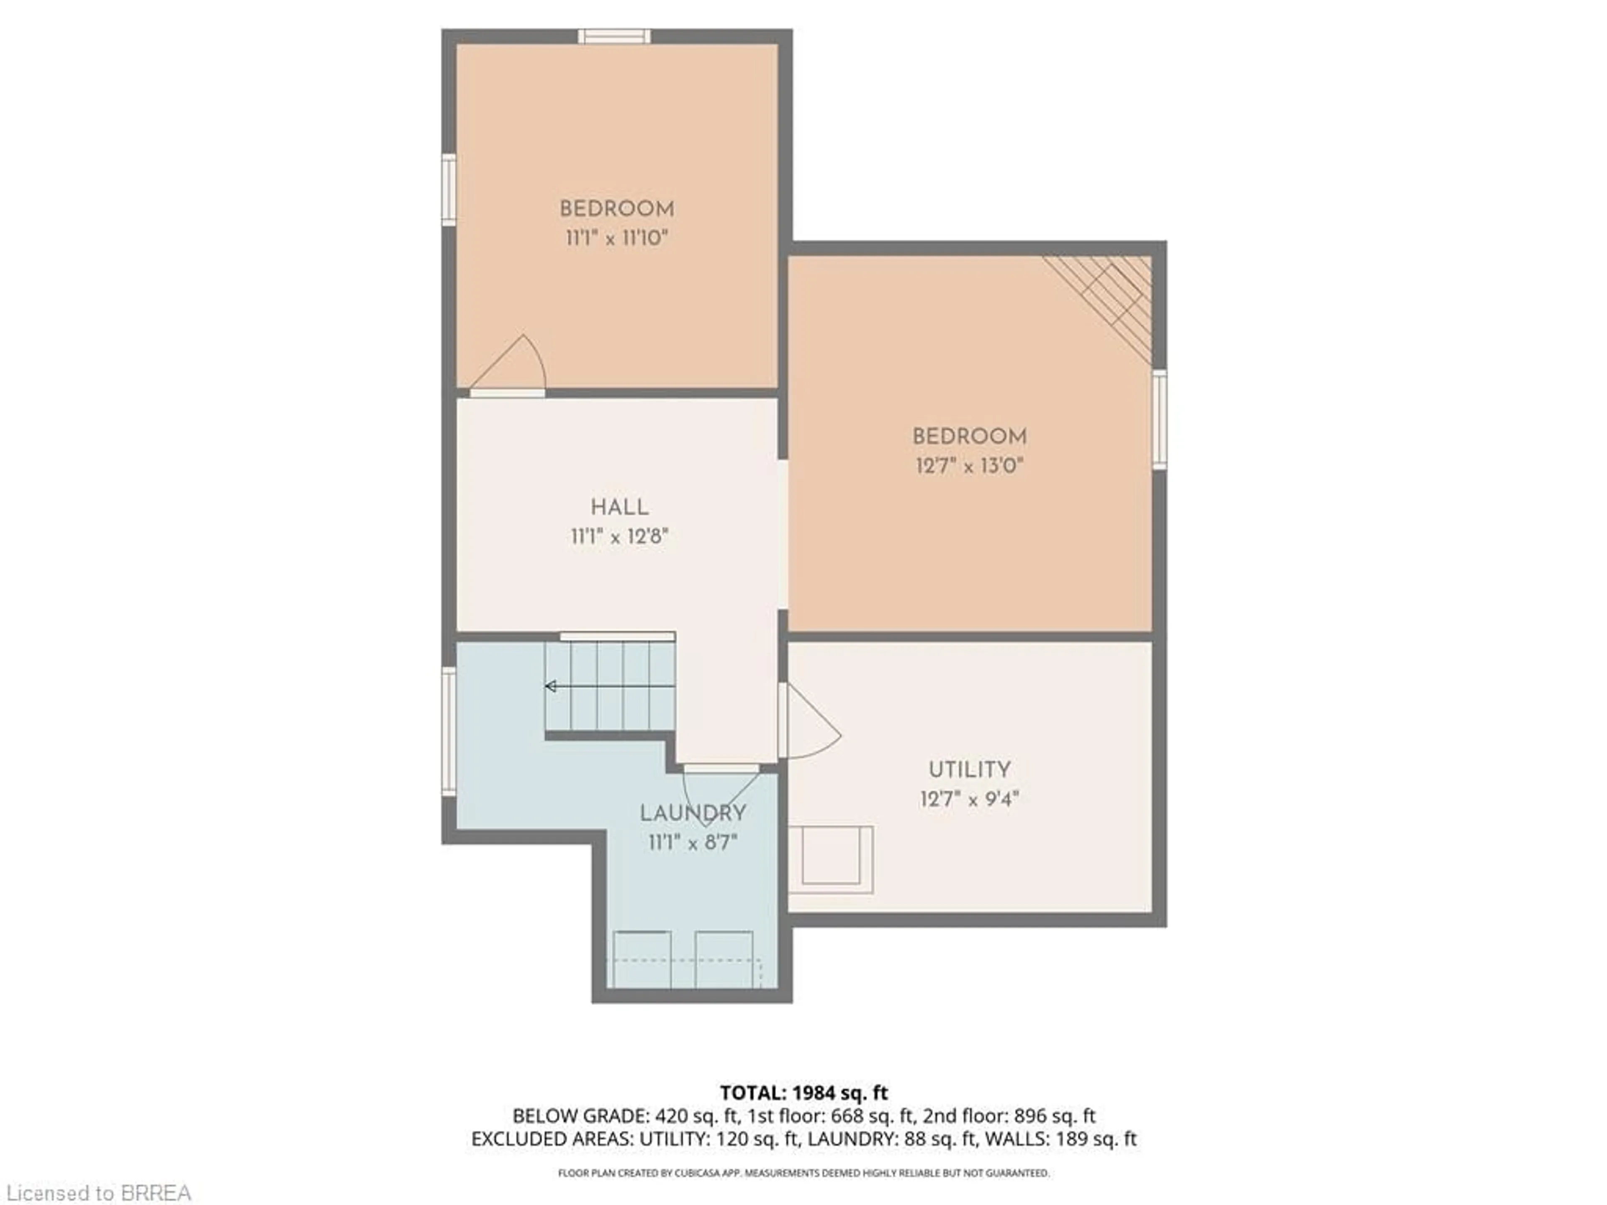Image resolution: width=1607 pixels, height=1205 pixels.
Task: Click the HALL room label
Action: pyautogui.click(x=619, y=507)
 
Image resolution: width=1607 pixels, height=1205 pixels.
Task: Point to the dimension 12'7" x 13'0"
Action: pyautogui.click(x=969, y=466)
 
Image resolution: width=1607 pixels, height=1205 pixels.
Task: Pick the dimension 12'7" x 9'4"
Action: pyautogui.click(x=969, y=799)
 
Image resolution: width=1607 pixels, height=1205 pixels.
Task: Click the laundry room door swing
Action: pyautogui.click(x=719, y=792)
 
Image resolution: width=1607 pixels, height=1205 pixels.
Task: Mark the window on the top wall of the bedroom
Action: pyautogui.click(x=614, y=36)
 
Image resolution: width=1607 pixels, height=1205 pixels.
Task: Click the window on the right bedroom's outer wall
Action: pyautogui.click(x=1160, y=419)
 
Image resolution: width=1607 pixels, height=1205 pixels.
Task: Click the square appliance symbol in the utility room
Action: pyautogui.click(x=831, y=859)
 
